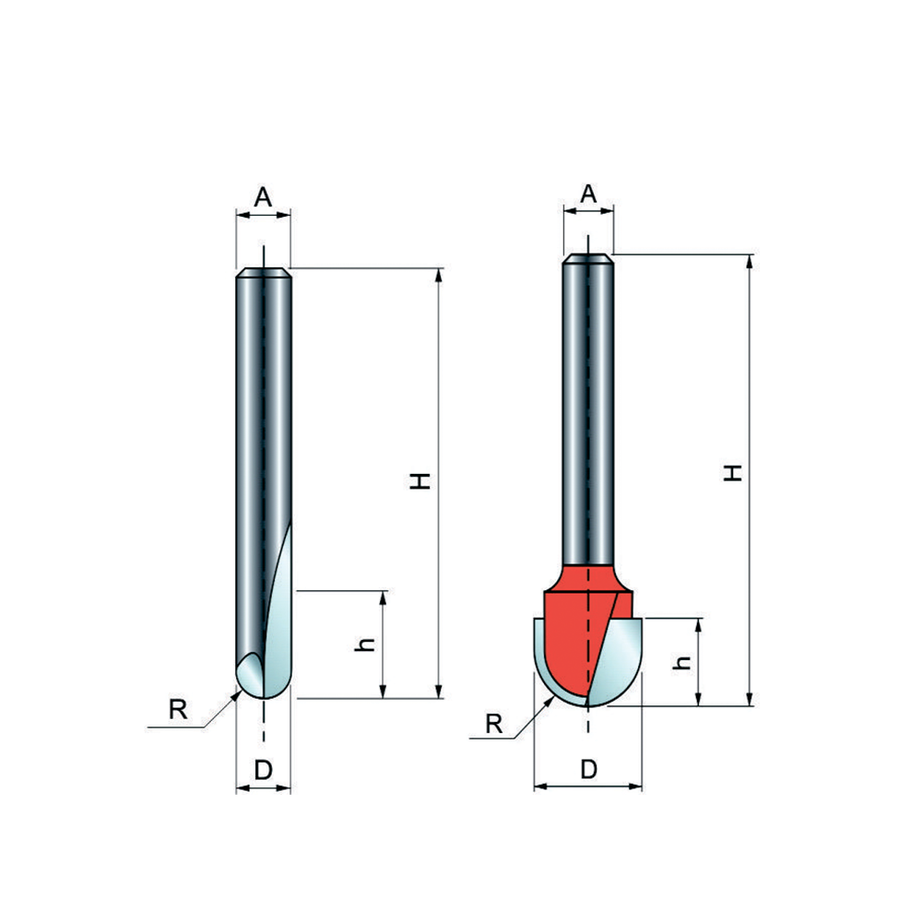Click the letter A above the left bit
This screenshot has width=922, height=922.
(263, 197)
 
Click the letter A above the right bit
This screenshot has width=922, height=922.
(588, 194)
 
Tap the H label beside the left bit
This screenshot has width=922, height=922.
(420, 481)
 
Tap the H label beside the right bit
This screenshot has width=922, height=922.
(733, 473)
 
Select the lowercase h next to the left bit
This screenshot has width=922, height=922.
(365, 644)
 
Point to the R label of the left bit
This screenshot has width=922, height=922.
(178, 709)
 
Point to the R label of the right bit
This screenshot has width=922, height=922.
(494, 724)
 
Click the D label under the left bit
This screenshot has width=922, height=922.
(264, 770)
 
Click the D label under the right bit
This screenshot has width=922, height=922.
(588, 769)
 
